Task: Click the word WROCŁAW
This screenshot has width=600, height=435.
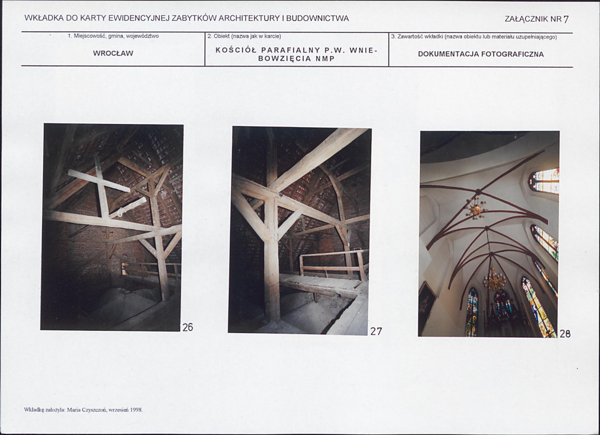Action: tap(113, 53)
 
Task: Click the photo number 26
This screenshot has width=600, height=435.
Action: tap(188, 327)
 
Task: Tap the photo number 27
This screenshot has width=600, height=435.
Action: tap(376, 331)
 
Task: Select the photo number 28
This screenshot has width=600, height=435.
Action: tap(565, 333)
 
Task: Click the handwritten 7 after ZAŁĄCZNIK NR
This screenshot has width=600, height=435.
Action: tap(566, 19)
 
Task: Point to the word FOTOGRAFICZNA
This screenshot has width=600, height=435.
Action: tap(512, 54)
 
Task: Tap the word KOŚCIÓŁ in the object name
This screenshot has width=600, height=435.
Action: tap(236, 50)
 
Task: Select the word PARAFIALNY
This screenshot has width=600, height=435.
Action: tap(291, 50)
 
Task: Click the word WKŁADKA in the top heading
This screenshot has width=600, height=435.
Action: tap(44, 18)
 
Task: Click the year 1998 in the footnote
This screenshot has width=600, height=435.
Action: tap(136, 410)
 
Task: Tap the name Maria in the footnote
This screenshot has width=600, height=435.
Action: tap(73, 410)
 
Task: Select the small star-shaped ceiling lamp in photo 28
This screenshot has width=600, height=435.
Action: tap(475, 208)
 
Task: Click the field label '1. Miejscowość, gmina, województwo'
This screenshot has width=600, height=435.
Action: tap(113, 36)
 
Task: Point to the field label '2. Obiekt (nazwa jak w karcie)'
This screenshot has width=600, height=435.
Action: tap(244, 36)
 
